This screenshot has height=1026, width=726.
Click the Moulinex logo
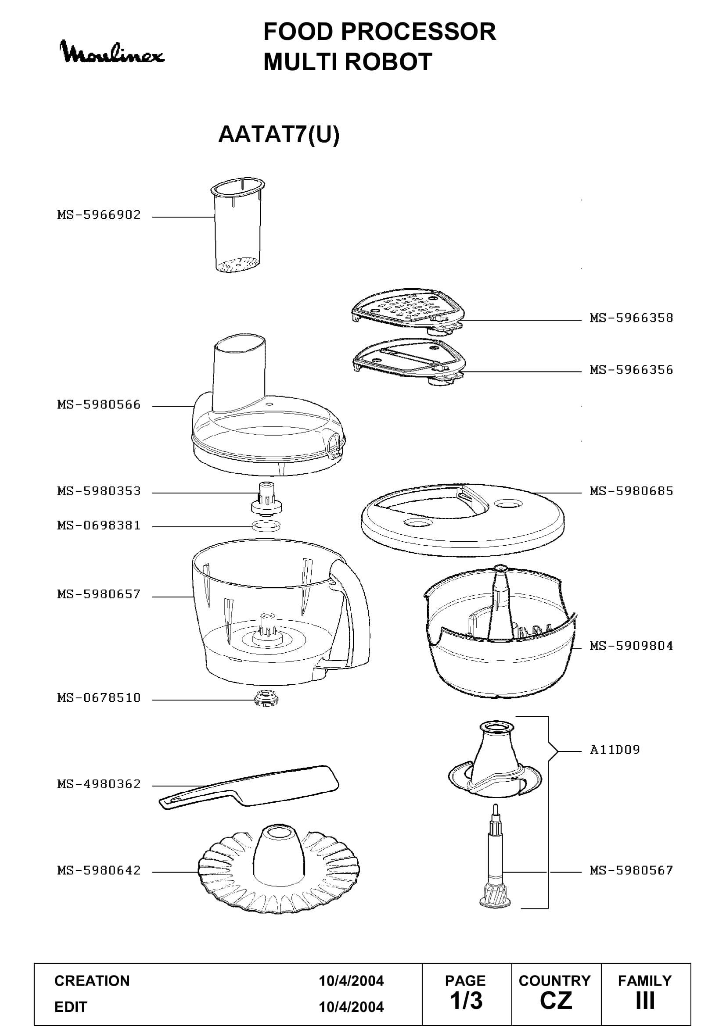[112, 52]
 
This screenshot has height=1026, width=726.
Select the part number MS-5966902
[99, 215]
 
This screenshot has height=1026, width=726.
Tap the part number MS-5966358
[631, 318]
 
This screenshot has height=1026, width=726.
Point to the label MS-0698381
[99, 526]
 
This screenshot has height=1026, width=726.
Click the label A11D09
[615, 750]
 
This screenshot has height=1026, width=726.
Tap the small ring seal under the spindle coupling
[266, 526]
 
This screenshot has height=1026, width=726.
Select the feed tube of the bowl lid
[239, 375]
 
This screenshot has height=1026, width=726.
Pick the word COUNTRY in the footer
[555, 981]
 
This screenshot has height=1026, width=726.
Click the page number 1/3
[466, 1001]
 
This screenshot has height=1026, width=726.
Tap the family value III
[645, 1001]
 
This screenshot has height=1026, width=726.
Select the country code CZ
[556, 1001]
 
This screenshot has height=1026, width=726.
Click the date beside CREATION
[351, 981]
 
